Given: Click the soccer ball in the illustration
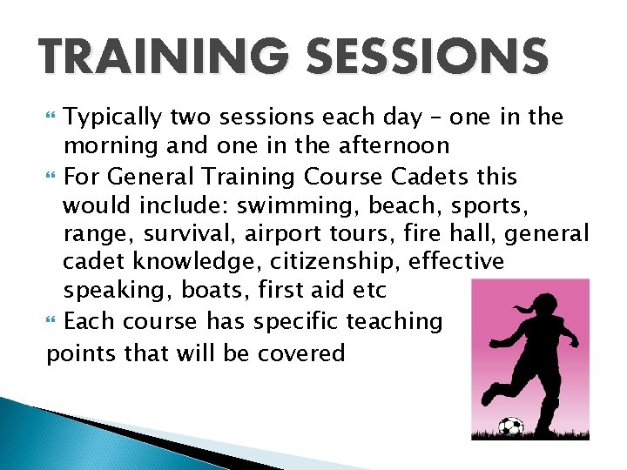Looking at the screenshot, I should pyautogui.click(x=511, y=426).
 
